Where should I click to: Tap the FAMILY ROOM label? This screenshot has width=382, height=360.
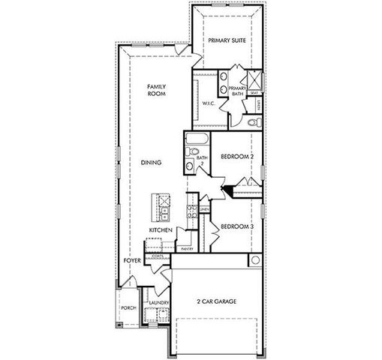(x=155, y=91)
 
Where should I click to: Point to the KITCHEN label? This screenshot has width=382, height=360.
(x=161, y=229)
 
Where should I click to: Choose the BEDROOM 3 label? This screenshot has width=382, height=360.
(x=236, y=225)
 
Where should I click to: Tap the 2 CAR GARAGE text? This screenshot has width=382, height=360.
(x=217, y=301)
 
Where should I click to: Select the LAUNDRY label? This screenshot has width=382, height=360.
(x=158, y=303)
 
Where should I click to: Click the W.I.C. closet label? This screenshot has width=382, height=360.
(x=209, y=104)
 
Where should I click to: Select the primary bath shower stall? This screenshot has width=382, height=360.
(x=253, y=80)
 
